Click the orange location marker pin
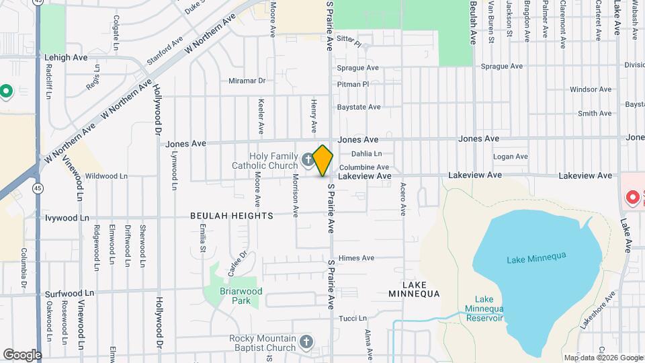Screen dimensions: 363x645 [323, 161]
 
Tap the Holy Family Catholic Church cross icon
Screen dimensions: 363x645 [308, 160]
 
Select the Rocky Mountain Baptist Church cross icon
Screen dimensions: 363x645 [306, 342]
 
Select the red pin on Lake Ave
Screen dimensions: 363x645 [632, 198]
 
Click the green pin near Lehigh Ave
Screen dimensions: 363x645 [6, 90]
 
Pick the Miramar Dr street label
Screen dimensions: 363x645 [247, 81]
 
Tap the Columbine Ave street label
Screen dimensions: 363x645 [364, 167]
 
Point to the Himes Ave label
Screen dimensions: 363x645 [357, 258]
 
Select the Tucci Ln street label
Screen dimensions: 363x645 [353, 318]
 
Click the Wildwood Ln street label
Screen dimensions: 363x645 [106, 176]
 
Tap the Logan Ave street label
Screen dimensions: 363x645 [512, 157]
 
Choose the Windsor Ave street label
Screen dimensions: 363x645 [590, 89]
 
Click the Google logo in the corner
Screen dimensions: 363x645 [22, 354]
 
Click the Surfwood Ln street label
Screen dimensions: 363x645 [70, 294]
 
